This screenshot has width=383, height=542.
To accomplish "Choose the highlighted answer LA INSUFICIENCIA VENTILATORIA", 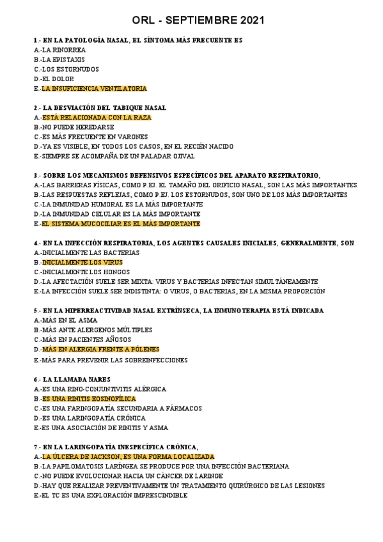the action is click(x=94, y=88).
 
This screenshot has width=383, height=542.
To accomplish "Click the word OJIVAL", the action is click(x=182, y=156).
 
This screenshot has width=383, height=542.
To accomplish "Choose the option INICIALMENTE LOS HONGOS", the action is click(x=77, y=272).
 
